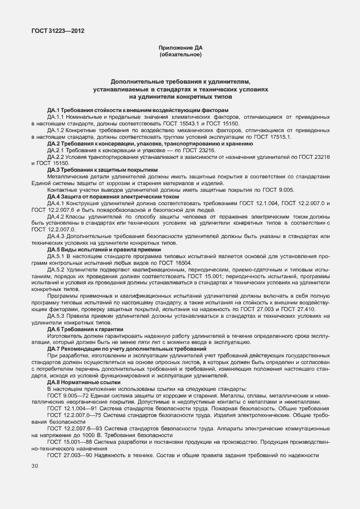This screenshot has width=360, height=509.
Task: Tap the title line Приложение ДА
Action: click(180, 49)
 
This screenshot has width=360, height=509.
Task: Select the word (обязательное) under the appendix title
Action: click(180, 55)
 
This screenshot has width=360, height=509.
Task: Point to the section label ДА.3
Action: click(55, 169)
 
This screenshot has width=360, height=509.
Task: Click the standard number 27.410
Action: click(304, 308)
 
